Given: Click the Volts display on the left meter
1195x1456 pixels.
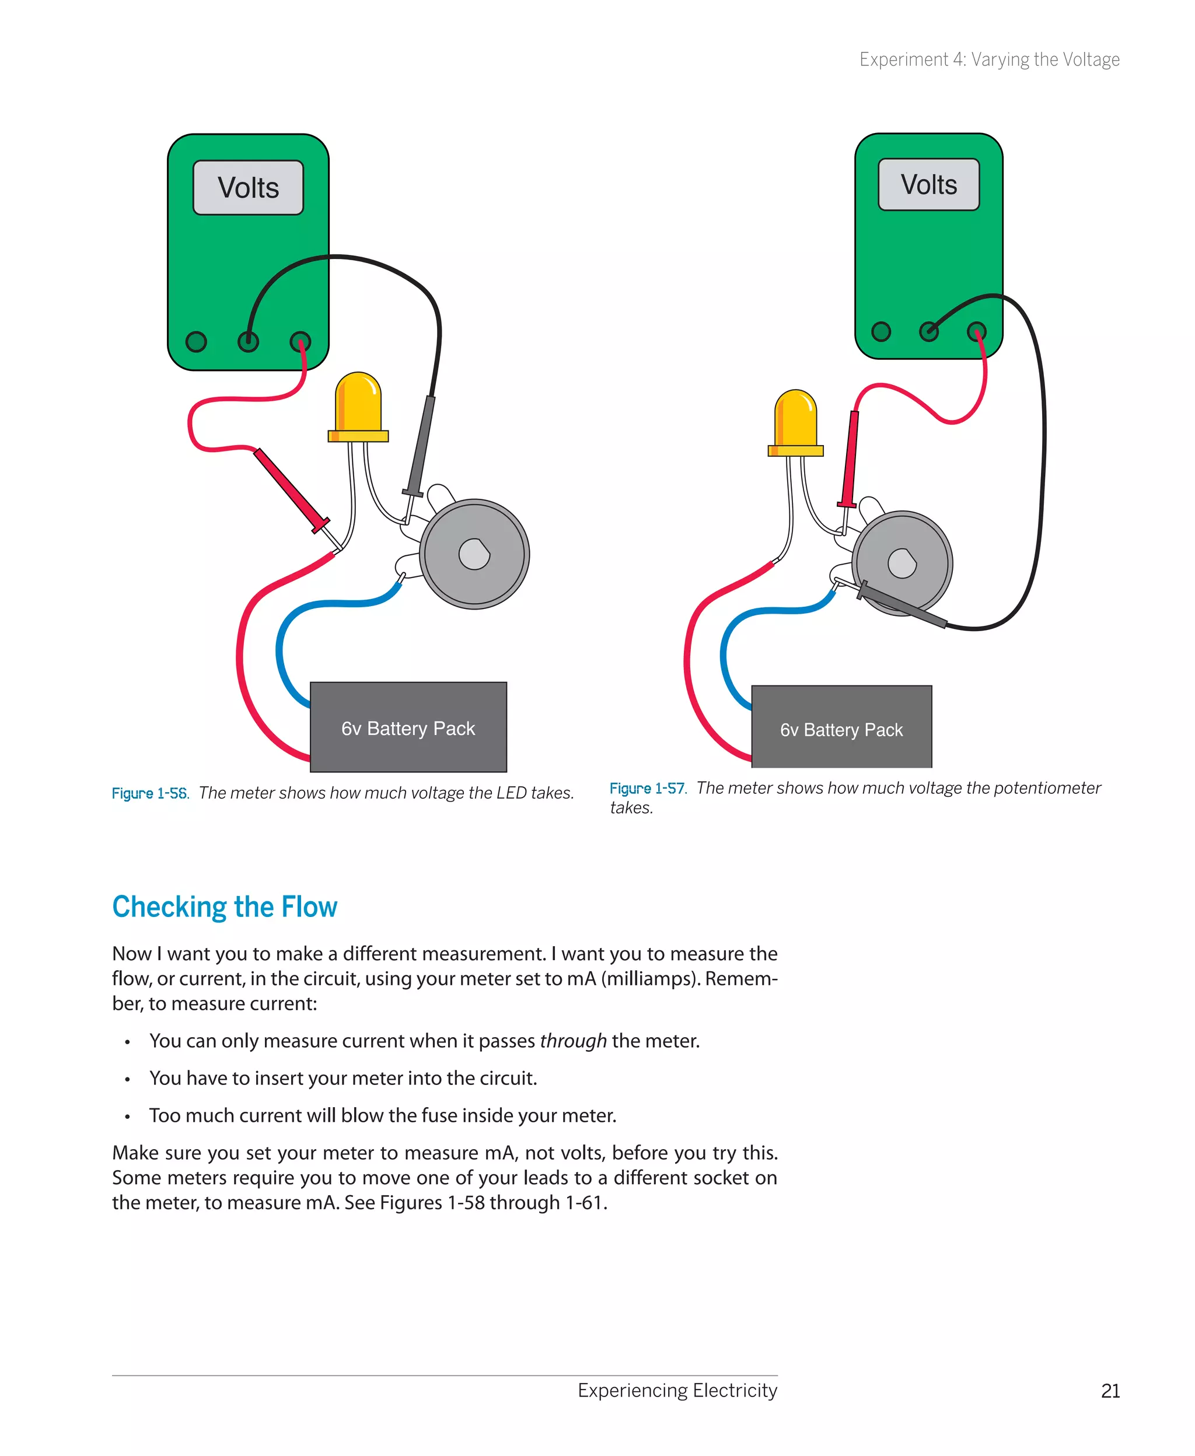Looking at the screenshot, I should pos(248,188).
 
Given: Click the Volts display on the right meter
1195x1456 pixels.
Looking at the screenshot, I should pos(928,184).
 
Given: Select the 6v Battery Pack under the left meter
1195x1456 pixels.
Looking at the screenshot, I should pos(408,727).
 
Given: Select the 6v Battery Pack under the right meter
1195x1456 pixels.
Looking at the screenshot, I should pos(841,729).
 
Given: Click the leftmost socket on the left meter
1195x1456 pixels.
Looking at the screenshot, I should pos(196,341).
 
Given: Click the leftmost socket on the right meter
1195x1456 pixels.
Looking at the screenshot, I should pos(880,332).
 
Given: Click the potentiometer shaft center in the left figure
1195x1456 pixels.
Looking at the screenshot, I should pos(474,554).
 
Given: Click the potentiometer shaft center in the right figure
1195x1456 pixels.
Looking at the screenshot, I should pos(902,563).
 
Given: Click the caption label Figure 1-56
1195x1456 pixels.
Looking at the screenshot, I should pos(150,793).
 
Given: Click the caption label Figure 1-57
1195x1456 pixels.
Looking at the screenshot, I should pos(648,789).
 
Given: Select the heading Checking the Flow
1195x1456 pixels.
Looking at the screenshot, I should pos(225,907).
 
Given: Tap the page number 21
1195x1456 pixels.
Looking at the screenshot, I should pos(1110,1391).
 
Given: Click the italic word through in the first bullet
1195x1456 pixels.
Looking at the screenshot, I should pos(573,1041).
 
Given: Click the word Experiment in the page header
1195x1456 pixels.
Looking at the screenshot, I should pos(903,60).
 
